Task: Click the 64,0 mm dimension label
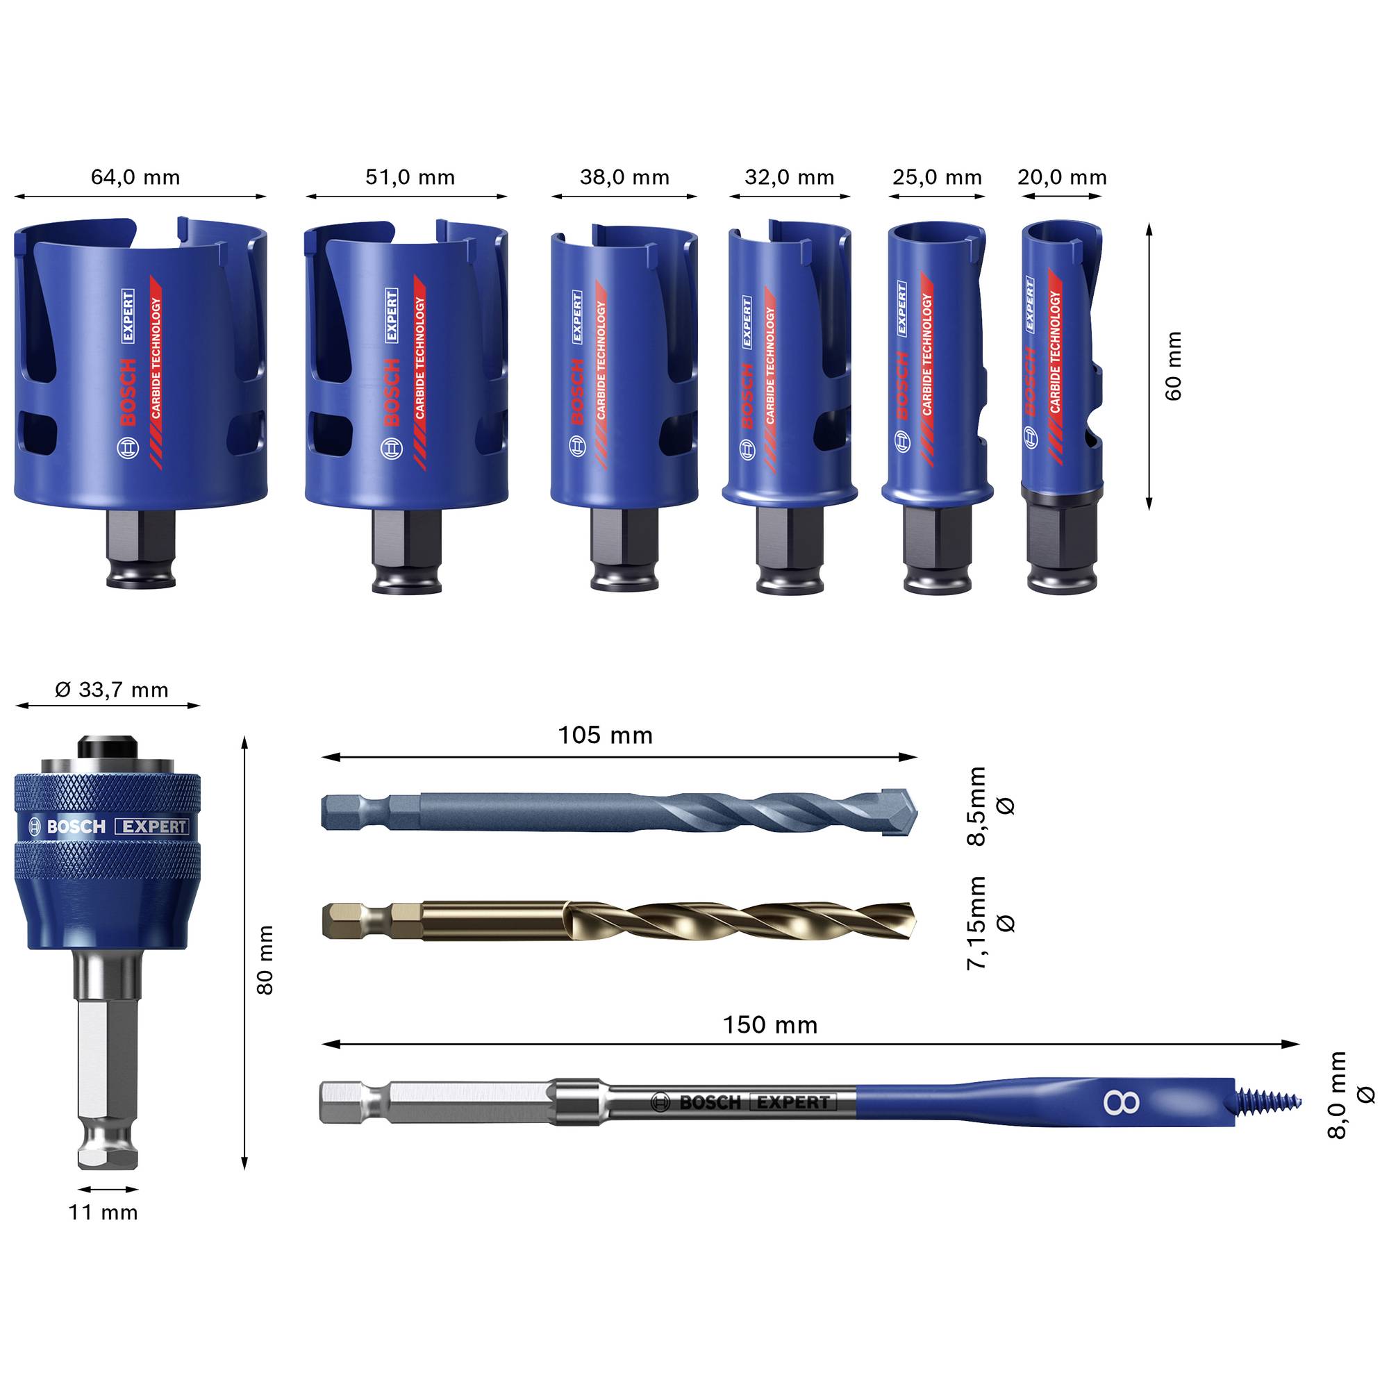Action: click(x=135, y=177)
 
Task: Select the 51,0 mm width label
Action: click(x=410, y=177)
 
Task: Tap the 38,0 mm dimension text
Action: click(x=625, y=177)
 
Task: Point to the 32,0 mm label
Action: click(x=790, y=177)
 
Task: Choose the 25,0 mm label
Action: click(x=938, y=177)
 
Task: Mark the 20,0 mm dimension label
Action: click(x=1062, y=177)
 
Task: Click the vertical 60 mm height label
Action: click(x=1172, y=366)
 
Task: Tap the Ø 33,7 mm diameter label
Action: click(x=111, y=690)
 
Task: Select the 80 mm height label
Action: click(x=265, y=960)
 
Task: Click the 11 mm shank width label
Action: click(x=103, y=1211)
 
